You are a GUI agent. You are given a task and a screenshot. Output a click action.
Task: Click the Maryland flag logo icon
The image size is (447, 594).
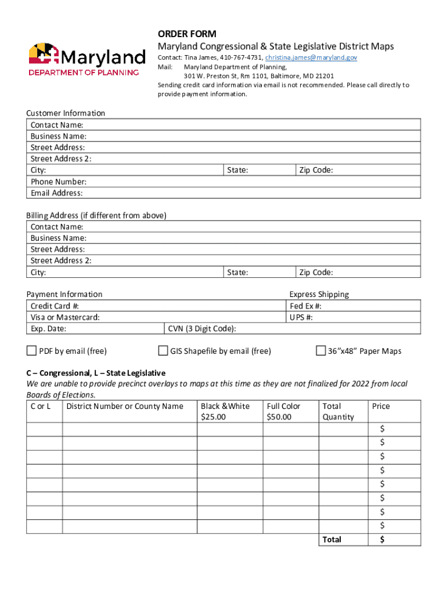pyautogui.click(x=44, y=55)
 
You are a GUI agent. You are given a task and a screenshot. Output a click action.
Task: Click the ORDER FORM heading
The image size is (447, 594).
pyautogui.click(x=187, y=34)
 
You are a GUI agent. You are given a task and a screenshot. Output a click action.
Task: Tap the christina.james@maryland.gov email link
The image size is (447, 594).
pyautogui.click(x=312, y=57)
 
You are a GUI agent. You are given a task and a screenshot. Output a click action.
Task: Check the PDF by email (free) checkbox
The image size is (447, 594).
pyautogui.click(x=31, y=350)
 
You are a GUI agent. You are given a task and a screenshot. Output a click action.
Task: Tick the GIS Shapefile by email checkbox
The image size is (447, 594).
pyautogui.click(x=163, y=350)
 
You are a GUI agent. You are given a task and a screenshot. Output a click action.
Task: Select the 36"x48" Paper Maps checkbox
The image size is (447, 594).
pyautogui.click(x=320, y=350)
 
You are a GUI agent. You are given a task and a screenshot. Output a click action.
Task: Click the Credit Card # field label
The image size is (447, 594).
pyautogui.click(x=55, y=306)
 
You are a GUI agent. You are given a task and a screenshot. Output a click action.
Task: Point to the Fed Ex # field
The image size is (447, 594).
pyautogui.click(x=306, y=306)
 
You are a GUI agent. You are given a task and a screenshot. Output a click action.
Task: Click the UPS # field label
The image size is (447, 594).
pyautogui.click(x=302, y=317)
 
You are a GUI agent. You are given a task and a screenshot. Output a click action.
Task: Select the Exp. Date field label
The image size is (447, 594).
pyautogui.click(x=48, y=329)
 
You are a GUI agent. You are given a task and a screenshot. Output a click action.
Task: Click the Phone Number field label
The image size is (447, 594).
pyautogui.click(x=59, y=182)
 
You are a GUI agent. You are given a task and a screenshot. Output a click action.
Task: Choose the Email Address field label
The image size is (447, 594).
pyautogui.click(x=56, y=193)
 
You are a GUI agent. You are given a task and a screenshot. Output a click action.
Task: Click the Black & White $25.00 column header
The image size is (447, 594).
pyautogui.click(x=225, y=411)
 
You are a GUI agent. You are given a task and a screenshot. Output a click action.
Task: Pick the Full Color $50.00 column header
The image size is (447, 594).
pyautogui.click(x=283, y=411)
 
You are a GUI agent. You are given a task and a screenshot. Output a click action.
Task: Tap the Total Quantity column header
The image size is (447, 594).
pyautogui.click(x=338, y=411)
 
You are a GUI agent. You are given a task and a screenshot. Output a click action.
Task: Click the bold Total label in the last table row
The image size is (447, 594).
pyautogui.click(x=332, y=539)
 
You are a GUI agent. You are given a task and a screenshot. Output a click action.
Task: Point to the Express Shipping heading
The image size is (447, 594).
pyautogui.click(x=319, y=294)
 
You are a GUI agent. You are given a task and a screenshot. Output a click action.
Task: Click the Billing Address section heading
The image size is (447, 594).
pyautogui.click(x=96, y=215)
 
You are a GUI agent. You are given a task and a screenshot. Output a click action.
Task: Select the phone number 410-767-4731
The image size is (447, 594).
pyautogui.click(x=240, y=57)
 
